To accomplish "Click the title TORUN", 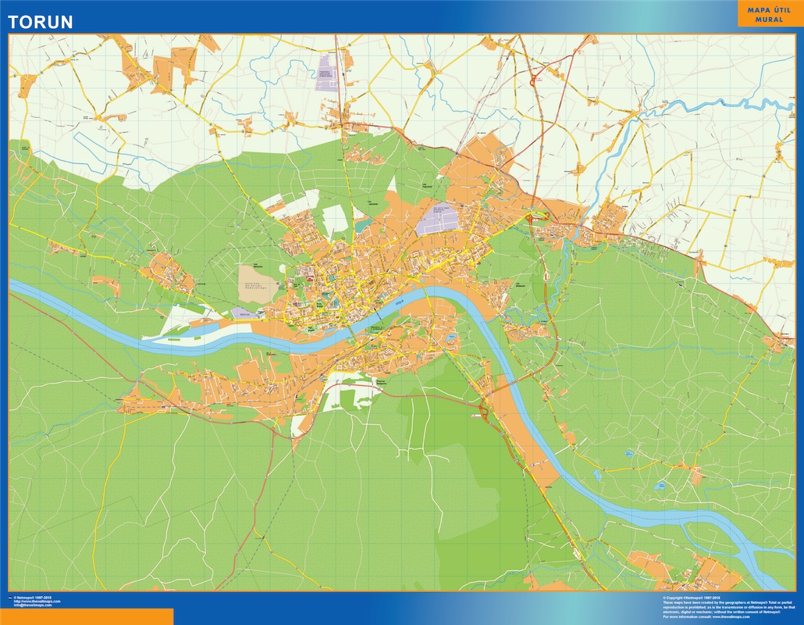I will tap(41, 22).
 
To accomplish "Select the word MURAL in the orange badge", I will tap(770, 20).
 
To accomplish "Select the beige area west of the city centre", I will tap(259, 278).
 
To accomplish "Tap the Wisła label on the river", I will tap(401, 298).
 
